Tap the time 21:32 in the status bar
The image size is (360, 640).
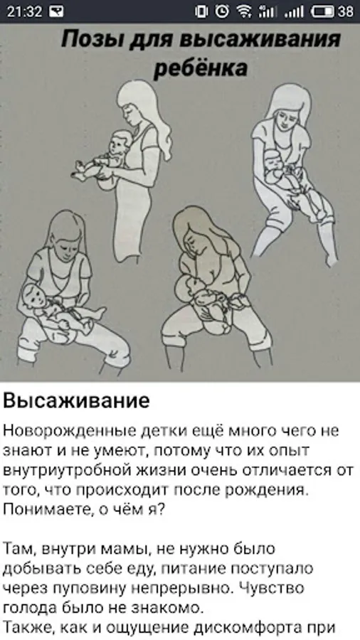(x=24, y=11)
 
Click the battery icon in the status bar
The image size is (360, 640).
(x=323, y=11)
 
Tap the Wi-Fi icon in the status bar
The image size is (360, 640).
(x=244, y=11)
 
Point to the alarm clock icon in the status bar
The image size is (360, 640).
(x=222, y=11)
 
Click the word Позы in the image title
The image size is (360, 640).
(x=88, y=41)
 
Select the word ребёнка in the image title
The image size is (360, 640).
(x=201, y=68)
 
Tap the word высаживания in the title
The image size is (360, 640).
(x=260, y=40)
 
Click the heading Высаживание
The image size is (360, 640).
(x=76, y=401)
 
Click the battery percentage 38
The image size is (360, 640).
(x=345, y=11)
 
